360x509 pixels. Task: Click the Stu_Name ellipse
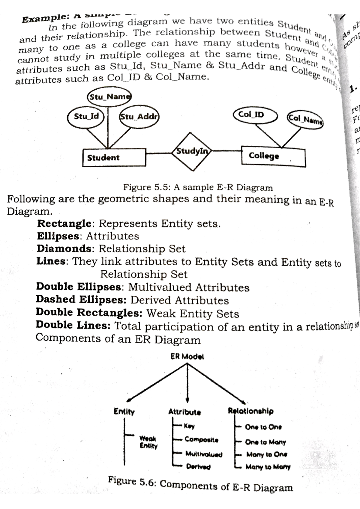[x=109, y=97]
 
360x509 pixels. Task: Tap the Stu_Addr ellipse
[x=139, y=116]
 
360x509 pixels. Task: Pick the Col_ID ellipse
[x=255, y=115]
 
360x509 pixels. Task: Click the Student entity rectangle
[x=114, y=158]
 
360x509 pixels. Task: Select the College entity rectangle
[x=273, y=156]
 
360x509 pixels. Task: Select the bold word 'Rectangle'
[x=64, y=224]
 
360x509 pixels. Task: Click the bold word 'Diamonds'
[x=64, y=249]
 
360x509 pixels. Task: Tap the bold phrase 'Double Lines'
[x=73, y=325]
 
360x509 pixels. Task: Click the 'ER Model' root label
[x=187, y=356]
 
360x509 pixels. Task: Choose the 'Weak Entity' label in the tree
[x=148, y=442]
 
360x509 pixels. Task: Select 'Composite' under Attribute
[x=201, y=440]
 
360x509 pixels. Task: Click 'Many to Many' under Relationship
[x=268, y=467]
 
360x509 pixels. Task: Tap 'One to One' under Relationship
[x=263, y=427]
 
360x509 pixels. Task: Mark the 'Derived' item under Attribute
[x=198, y=466]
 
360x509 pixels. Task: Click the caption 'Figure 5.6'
[x=200, y=484]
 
